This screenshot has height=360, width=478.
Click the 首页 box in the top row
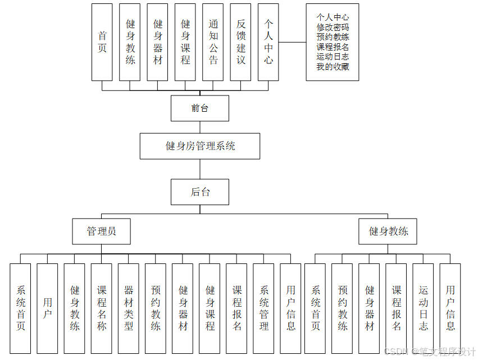coord(102,42)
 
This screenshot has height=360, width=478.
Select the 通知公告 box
coord(213,42)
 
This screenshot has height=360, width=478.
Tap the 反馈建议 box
coord(241,42)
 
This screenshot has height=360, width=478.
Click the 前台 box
coord(199,108)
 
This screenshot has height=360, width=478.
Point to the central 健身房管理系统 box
coord(199,146)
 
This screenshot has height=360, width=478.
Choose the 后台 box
coord(199,192)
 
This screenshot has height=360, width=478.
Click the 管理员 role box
coord(101,231)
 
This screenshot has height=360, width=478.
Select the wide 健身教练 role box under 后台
coord(388,231)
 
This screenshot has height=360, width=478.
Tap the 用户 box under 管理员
coord(48,308)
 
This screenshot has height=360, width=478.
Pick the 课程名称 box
coord(102,308)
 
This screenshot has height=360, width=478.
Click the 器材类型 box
coord(129,308)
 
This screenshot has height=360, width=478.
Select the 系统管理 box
coord(264,308)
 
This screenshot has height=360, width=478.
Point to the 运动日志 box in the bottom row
coord(424,308)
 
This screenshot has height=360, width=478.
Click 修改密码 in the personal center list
coord(333,28)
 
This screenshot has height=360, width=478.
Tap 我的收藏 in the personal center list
coord(333,67)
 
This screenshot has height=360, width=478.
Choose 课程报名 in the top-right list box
coord(333,47)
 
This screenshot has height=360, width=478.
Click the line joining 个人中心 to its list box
coord(293,42)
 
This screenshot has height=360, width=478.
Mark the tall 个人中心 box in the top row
coord(268,42)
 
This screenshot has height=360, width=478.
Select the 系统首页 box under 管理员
coord(21,308)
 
